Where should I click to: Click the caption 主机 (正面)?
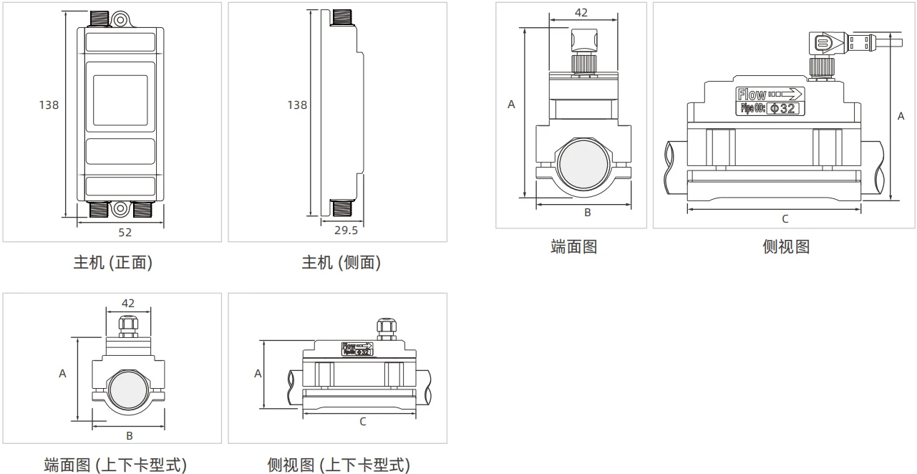(113, 263)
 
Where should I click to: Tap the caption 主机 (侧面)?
(341, 263)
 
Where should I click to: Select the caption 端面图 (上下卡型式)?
(115, 465)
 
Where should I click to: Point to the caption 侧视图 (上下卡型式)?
(339, 465)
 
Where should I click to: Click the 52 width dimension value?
(125, 232)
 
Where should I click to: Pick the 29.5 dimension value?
(346, 230)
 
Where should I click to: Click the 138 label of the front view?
(49, 105)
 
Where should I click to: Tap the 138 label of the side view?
(297, 105)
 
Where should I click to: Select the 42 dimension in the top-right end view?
(581, 12)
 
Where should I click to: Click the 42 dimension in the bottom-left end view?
(128, 304)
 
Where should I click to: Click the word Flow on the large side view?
(752, 95)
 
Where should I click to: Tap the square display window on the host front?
(120, 97)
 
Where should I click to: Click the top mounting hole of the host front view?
(120, 19)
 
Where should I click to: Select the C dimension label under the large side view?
(785, 218)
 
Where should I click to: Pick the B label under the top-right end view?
(587, 212)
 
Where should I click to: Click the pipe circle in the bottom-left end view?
(129, 390)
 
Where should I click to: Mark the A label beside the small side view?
(258, 374)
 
